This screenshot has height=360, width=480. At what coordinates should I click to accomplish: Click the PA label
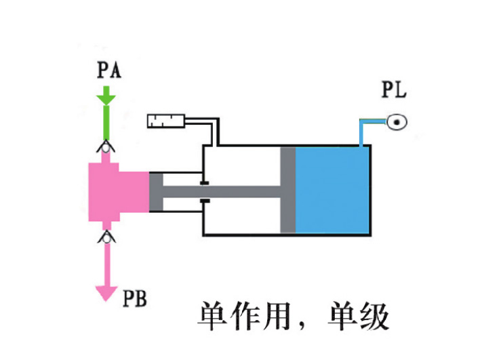tap(108, 71)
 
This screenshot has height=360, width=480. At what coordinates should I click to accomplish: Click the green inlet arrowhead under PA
tap(106, 100)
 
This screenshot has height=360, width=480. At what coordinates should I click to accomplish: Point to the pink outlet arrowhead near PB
tap(106, 291)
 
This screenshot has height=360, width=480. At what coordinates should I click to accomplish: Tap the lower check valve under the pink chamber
tap(106, 237)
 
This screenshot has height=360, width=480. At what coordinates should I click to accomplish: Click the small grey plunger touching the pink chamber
tap(156, 192)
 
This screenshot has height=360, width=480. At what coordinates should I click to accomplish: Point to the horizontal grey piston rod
tap(224, 192)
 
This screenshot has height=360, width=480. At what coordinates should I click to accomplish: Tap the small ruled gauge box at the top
tap(165, 121)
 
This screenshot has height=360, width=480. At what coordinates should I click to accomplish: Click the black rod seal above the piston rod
tap(204, 182)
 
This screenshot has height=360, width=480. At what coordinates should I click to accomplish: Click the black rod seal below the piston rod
tap(204, 201)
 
